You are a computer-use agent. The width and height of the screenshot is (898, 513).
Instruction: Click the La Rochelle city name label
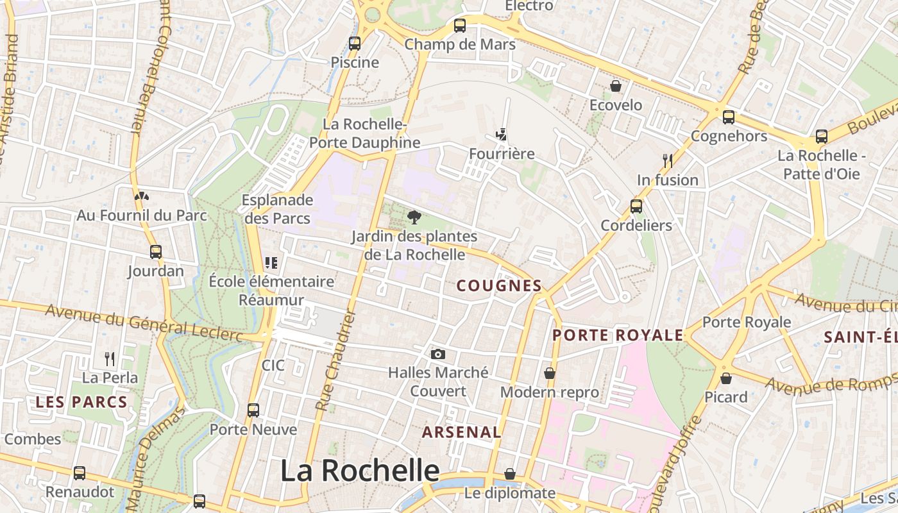click(x=360, y=471)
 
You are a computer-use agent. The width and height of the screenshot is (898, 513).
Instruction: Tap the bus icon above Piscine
click(x=355, y=44)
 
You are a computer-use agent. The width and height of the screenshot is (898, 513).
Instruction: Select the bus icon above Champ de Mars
click(x=460, y=26)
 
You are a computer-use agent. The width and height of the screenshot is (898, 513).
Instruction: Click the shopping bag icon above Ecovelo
click(x=616, y=86)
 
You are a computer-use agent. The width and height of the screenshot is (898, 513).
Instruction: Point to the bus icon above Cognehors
click(x=729, y=117)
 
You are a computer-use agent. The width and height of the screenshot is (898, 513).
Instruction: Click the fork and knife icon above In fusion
click(x=668, y=161)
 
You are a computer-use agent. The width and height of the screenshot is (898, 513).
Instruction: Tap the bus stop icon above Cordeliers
click(x=636, y=206)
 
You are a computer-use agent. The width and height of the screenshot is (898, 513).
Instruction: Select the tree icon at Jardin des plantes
click(x=414, y=217)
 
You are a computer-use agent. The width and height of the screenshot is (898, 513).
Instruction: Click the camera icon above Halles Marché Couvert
click(x=438, y=354)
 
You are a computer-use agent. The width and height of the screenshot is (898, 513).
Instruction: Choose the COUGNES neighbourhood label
click(x=499, y=286)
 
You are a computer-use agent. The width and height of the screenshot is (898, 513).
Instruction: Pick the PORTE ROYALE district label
click(x=618, y=335)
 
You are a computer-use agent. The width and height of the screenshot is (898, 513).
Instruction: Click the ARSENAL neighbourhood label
click(x=461, y=432)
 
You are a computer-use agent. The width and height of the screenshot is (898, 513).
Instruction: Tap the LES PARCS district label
click(x=81, y=403)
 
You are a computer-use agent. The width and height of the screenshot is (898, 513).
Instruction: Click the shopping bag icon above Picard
click(x=726, y=378)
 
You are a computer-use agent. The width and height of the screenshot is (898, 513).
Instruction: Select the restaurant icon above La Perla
click(x=110, y=358)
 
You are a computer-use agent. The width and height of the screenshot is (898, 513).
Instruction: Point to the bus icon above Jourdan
click(x=155, y=252)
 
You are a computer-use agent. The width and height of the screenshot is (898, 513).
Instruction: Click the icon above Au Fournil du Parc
click(x=142, y=196)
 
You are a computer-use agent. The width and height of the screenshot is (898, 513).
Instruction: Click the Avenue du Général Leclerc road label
click(x=144, y=323)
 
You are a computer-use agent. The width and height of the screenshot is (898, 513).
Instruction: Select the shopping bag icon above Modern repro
click(x=550, y=373)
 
